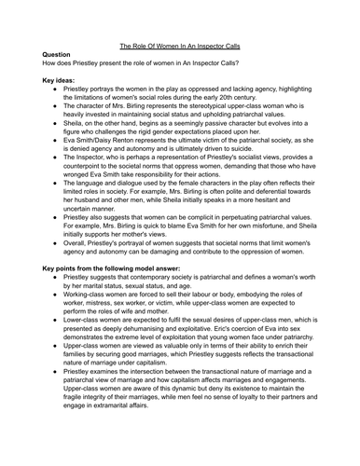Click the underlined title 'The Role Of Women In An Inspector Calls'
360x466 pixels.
pyautogui.click(x=179, y=45)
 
